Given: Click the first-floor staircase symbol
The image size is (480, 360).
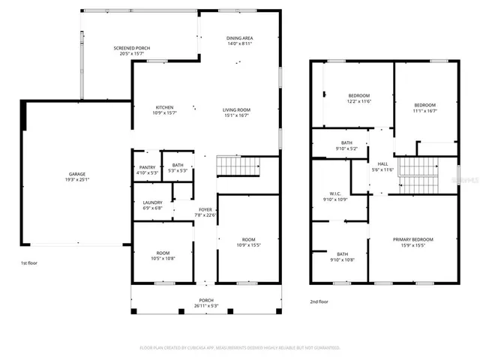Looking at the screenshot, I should point(236,166).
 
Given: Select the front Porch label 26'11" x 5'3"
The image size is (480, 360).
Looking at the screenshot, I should point(206,302).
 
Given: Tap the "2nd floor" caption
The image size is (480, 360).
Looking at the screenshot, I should point(319,301).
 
